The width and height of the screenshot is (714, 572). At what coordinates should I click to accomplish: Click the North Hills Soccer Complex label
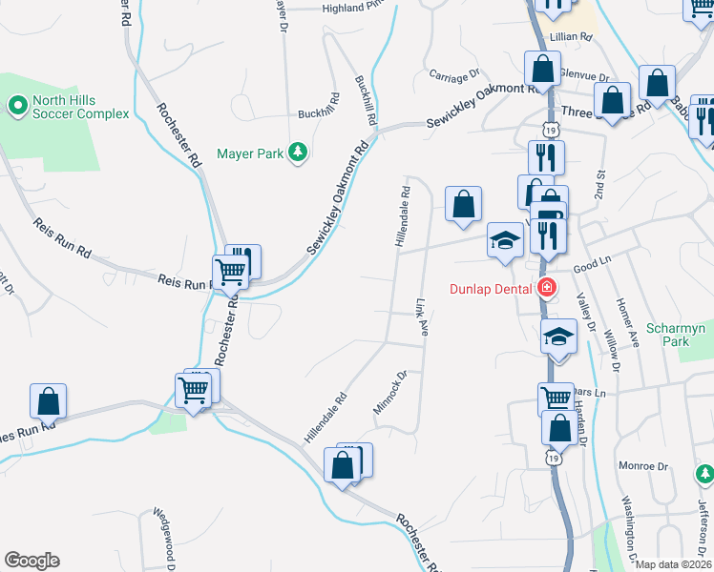(x=80, y=107)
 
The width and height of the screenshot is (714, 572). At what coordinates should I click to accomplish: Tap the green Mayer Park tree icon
(x=298, y=152)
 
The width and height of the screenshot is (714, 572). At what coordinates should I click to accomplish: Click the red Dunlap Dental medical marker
(x=547, y=287)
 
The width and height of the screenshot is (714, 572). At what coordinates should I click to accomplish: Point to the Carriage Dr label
(x=453, y=75)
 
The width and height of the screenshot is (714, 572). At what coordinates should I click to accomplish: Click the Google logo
(x=31, y=561)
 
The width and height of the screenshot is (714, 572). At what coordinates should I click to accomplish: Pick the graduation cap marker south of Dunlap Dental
(x=559, y=337)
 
